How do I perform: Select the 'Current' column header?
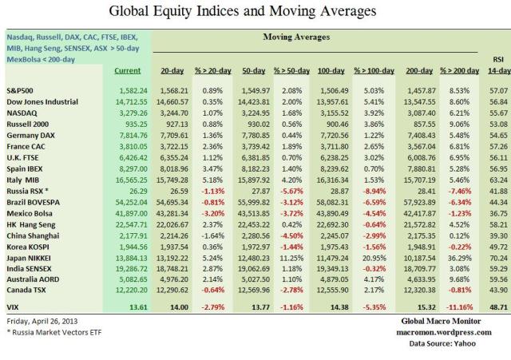click(x=128, y=71)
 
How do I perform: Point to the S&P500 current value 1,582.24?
click(x=128, y=91)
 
